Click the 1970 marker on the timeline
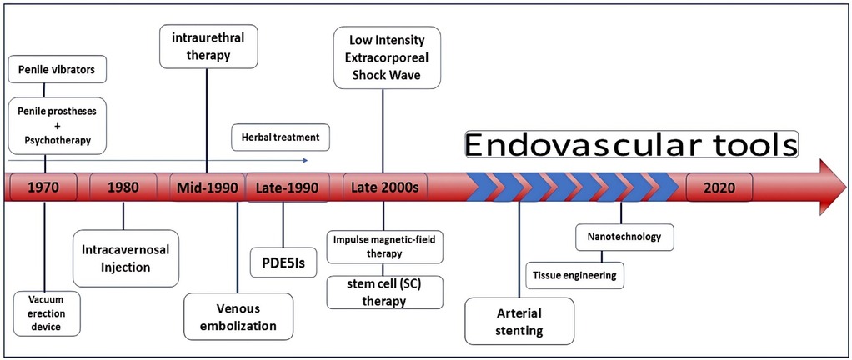[42, 187]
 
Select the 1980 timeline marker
[123, 187]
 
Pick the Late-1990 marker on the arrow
[283, 187]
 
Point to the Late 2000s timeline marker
[384, 187]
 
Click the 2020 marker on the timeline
[719, 187]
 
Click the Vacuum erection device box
[48, 312]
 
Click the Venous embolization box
[238, 317]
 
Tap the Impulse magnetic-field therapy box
[384, 247]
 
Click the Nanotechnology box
[625, 237]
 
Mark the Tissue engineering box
[575, 274]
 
